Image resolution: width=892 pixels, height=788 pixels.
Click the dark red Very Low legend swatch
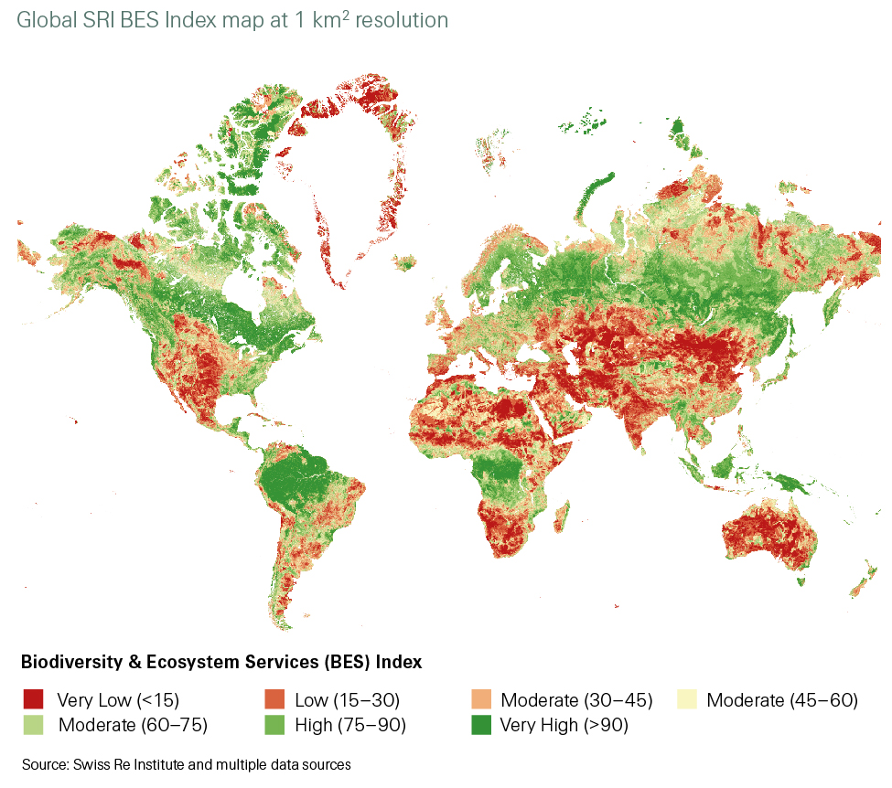pos(34,700)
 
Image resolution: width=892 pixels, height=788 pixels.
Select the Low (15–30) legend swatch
pos(272,700)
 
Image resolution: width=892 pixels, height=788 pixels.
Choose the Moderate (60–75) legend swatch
pos(34,725)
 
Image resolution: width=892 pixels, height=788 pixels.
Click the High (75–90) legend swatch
pos(272,725)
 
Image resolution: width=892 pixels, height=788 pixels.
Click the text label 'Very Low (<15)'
pos(118,701)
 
